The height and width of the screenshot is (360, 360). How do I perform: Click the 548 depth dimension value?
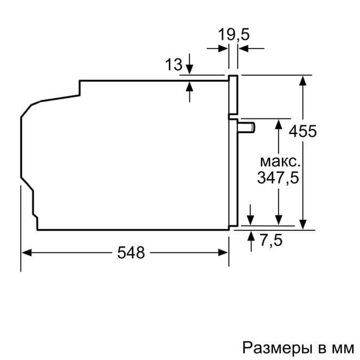pyautogui.click(x=131, y=253)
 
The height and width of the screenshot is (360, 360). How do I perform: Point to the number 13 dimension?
pyautogui.click(x=174, y=65)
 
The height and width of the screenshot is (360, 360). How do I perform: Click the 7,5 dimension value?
pyautogui.click(x=270, y=241)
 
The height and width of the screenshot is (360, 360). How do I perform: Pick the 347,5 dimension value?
pyautogui.click(x=277, y=178)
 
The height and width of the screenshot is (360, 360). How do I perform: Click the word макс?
pyautogui.click(x=279, y=161)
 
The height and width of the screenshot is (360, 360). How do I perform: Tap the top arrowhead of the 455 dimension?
pyautogui.click(x=303, y=80)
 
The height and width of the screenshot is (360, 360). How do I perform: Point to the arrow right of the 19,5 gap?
pyautogui.click(x=244, y=49)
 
